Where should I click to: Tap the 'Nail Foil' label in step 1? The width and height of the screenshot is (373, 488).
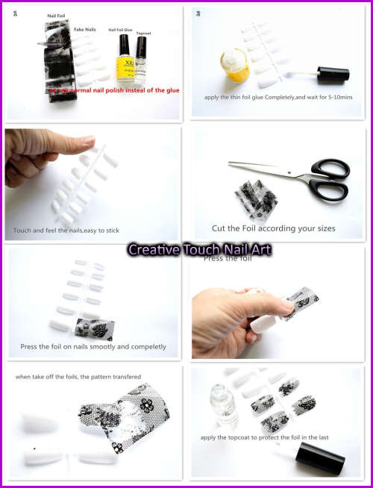pyautogui.click(x=57, y=15)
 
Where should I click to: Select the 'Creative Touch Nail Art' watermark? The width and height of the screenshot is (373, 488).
pyautogui.click(x=199, y=249)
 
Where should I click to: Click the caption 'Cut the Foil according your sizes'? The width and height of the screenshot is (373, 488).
pyautogui.click(x=274, y=228)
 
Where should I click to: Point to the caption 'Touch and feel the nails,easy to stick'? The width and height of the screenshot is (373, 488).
pyautogui.click(x=66, y=231)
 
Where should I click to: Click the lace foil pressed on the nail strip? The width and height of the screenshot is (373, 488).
pyautogui.click(x=94, y=325)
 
